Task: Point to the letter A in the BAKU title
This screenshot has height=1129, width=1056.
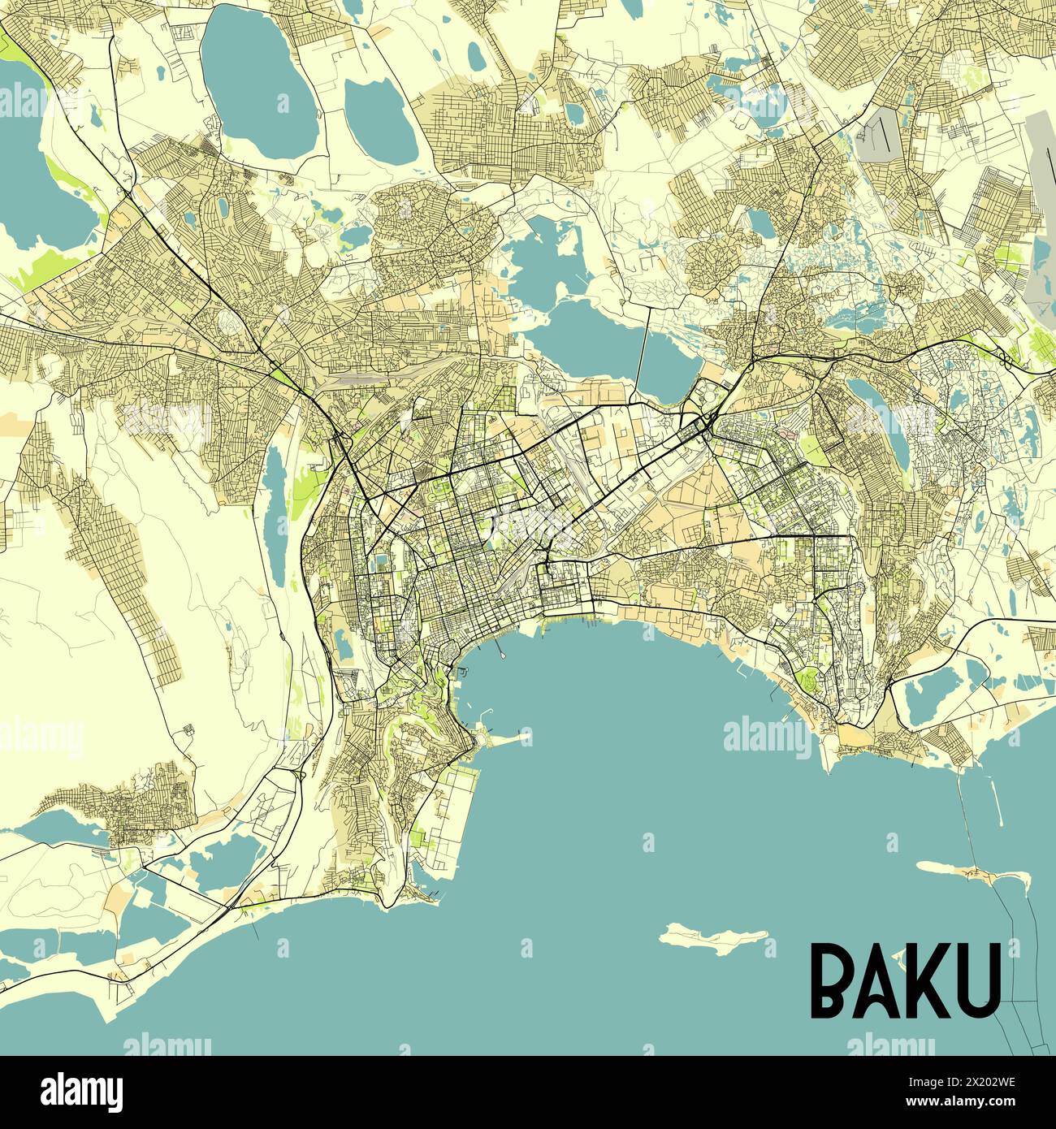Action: pos(881,981)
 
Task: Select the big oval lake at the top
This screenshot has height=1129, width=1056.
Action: pos(258,77)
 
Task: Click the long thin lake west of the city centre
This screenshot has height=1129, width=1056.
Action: pos(275,520)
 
